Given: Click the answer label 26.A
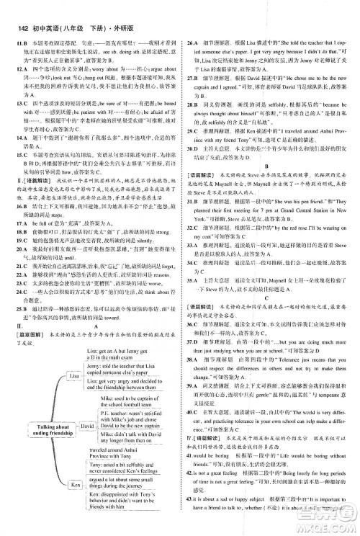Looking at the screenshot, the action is pyautogui.click(x=192, y=24).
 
